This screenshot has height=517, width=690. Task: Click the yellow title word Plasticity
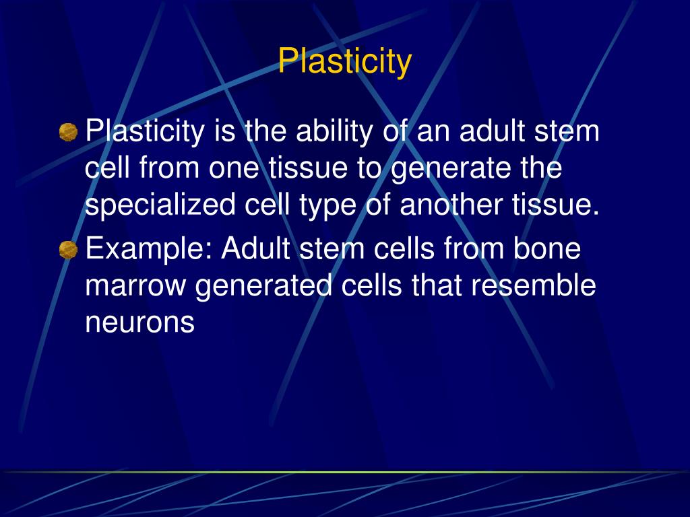(x=344, y=61)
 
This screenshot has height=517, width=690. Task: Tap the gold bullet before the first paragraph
(x=68, y=132)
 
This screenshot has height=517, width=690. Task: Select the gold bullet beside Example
(x=68, y=250)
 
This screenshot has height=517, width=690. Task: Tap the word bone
(x=546, y=249)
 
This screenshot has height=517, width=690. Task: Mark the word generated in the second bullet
(x=263, y=286)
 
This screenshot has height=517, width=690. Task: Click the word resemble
(x=533, y=286)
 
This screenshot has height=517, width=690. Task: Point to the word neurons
(x=139, y=323)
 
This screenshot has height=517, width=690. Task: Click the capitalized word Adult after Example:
(x=257, y=249)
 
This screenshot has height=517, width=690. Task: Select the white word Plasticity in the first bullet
(x=144, y=131)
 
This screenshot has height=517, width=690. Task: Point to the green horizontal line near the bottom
(x=345, y=472)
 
